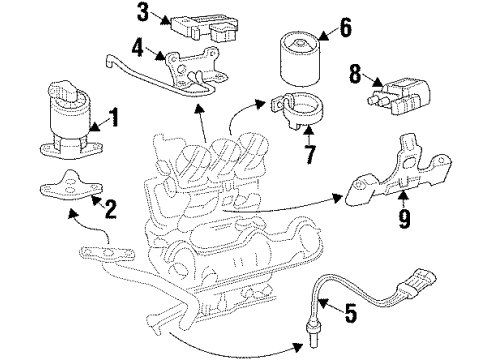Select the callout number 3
tap(144, 13)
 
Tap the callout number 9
tap(403, 216)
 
